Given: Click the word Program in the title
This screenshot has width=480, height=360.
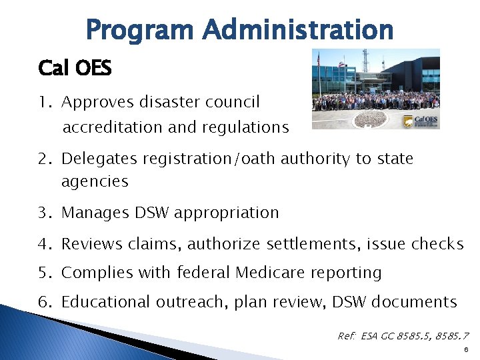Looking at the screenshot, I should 139,31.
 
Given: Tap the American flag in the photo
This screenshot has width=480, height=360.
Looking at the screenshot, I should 319,60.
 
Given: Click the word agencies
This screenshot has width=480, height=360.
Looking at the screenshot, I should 94,181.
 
